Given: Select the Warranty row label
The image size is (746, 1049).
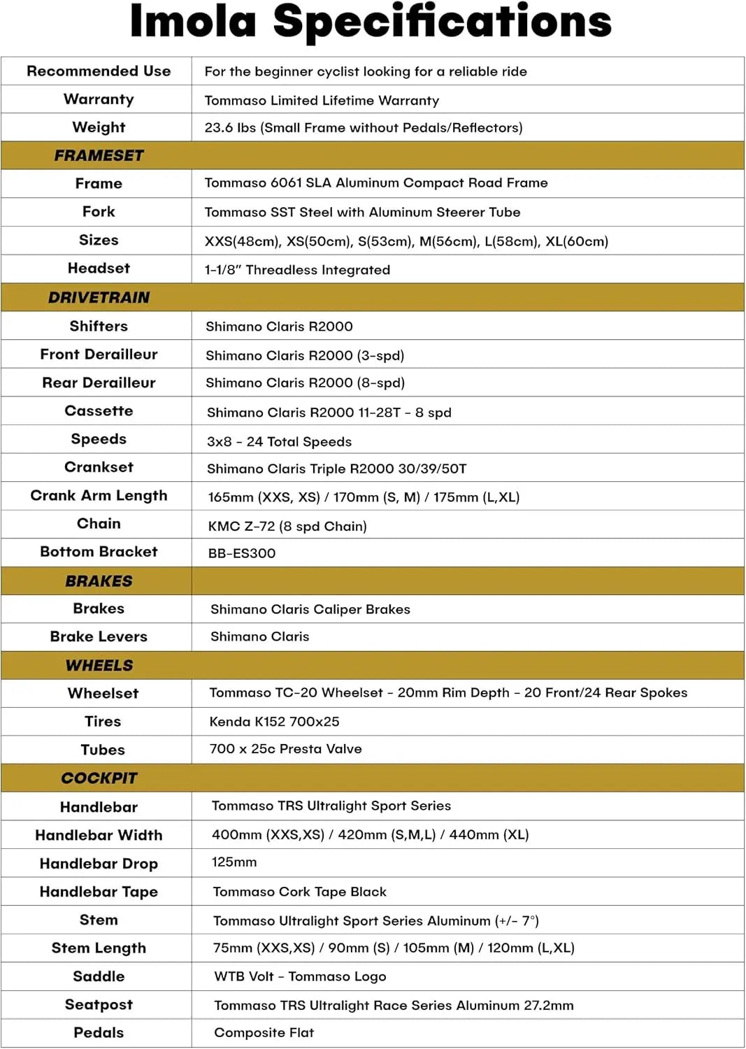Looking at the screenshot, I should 99,99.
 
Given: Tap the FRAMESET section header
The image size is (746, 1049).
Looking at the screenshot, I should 99,155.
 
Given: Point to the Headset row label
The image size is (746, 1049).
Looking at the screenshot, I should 99,269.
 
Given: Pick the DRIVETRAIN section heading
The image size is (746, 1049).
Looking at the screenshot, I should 99,297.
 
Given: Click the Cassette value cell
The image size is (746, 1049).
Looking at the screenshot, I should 329,413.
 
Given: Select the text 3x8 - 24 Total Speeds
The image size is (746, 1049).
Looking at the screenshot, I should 279,441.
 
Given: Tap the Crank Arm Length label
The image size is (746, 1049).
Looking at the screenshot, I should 99,496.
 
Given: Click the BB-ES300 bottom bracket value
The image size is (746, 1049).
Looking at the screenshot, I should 242,553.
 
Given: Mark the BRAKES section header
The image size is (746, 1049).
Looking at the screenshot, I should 99,581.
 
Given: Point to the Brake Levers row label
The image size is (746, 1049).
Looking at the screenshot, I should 99,636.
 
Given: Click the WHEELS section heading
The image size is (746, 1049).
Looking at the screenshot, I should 99,665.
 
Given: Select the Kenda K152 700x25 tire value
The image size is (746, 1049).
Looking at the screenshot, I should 274,722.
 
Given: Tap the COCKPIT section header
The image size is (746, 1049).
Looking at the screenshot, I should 99,778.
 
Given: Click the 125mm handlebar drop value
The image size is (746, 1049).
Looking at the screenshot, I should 234,862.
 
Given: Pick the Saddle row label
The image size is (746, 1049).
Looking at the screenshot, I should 99,976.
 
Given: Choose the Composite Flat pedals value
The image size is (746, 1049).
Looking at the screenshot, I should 264,1033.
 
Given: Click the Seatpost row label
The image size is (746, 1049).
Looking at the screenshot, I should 99,1004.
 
